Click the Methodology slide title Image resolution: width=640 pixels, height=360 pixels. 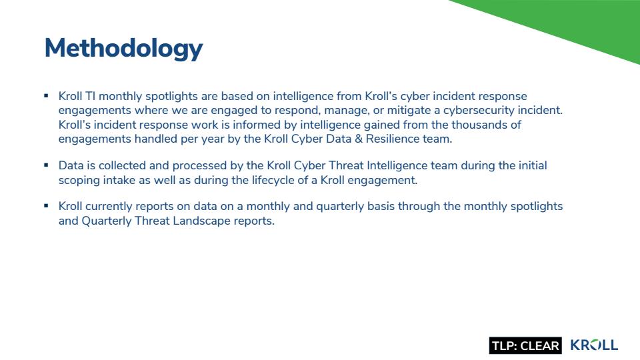(x=123, y=49)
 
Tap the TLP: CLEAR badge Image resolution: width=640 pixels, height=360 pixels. (x=525, y=345)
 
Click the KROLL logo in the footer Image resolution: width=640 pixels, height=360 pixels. (x=594, y=345)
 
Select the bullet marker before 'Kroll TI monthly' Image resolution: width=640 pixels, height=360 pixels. (x=46, y=96)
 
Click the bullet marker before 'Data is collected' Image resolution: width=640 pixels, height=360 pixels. (x=46, y=165)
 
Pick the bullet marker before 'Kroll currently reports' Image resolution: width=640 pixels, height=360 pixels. (x=46, y=206)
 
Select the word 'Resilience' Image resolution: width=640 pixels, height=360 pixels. (x=392, y=139)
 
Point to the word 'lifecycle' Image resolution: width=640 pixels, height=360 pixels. (x=273, y=180)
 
